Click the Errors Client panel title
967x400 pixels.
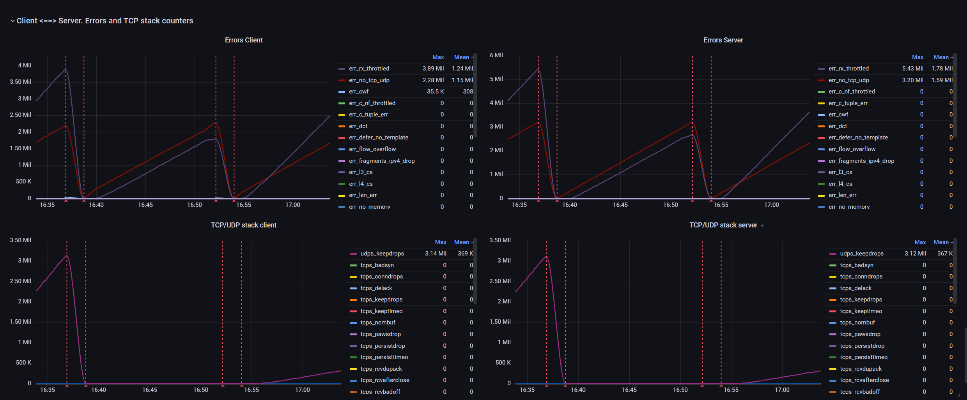point(244,40)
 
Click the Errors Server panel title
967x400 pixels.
point(723,40)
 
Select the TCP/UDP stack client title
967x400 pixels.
point(244,225)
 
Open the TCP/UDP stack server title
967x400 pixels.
point(723,225)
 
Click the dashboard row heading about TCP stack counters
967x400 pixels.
point(104,21)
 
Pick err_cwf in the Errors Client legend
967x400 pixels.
point(359,92)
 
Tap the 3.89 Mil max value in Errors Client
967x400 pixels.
point(433,69)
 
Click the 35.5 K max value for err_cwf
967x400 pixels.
point(435,92)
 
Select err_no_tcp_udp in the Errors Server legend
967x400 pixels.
point(848,80)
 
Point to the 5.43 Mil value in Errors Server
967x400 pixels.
point(912,69)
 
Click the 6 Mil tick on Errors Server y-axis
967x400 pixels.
point(496,55)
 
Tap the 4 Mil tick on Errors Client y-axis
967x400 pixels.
point(24,65)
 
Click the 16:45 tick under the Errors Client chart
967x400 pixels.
point(145,205)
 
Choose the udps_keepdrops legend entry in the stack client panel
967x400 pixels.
point(382,254)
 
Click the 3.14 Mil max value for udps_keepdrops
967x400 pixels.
point(436,254)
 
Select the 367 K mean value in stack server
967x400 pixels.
point(944,254)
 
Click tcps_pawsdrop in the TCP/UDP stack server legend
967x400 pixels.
point(860,334)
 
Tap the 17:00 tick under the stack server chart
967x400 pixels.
point(782,390)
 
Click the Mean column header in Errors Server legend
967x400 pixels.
point(941,57)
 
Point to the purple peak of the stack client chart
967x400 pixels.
point(67,256)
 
